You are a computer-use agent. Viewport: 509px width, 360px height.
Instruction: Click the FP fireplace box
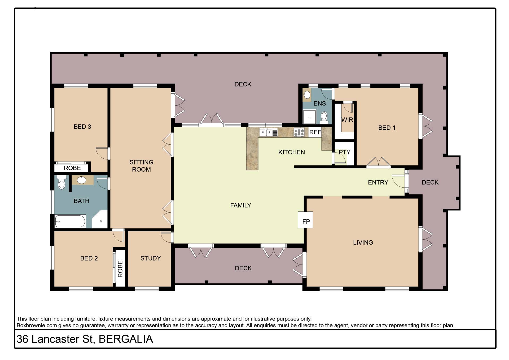pos(305,220)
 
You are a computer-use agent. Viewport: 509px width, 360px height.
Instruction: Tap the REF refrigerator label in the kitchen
pos(315,132)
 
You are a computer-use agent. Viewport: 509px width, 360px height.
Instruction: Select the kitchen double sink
pos(269,132)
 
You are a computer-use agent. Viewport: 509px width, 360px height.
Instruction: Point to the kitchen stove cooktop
pos(299,132)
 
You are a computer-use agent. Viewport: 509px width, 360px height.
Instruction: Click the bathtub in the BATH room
pos(70,221)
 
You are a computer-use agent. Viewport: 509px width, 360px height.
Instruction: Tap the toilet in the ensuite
pos(324,118)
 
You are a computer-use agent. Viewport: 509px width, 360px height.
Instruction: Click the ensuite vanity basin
pos(307,95)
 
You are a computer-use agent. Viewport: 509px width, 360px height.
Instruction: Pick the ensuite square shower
pos(309,117)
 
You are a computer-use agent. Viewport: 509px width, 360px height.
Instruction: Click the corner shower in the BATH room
pos(100,219)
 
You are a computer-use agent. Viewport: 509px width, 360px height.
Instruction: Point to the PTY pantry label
pos(344,152)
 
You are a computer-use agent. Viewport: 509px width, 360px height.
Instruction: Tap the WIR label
pos(347,120)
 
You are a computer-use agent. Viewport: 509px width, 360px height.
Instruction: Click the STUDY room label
pos(151,258)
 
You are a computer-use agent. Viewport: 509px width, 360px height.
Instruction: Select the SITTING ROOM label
pos(141,166)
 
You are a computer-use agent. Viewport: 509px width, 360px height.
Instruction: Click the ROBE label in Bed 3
pos(72,168)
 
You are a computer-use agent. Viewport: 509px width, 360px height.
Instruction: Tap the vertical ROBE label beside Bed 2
pos(120,269)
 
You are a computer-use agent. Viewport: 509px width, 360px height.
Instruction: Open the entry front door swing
pos(398,181)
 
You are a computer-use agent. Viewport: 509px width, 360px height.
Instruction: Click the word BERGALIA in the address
pos(126,339)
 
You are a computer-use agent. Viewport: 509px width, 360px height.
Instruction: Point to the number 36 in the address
pos(23,339)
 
